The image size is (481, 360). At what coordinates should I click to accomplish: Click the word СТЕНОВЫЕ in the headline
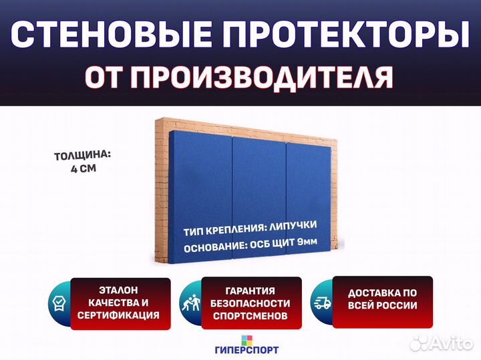pos(111,34)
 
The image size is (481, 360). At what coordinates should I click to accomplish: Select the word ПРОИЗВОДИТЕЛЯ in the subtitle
pos(262,77)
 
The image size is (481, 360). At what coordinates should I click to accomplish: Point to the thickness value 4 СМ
pos(84,168)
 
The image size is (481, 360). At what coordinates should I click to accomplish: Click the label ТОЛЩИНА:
pos(83,156)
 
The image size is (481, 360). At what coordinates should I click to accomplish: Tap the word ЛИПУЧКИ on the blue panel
pos(293,226)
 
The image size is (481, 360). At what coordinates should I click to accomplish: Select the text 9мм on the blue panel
pos(307,242)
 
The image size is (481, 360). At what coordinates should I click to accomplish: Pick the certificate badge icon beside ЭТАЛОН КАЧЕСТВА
pos(59,303)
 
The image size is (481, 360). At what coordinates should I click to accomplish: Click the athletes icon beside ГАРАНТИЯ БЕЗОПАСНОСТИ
pos(191,303)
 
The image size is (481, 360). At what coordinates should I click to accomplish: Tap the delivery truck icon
pos(322,303)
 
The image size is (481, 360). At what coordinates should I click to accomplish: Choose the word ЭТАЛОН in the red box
pos(118,290)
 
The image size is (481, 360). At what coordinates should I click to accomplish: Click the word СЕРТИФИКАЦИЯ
pos(118,315)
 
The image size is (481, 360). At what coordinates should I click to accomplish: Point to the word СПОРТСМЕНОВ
pos(251,316)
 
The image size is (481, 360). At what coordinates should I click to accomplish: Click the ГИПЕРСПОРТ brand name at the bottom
pos(247,349)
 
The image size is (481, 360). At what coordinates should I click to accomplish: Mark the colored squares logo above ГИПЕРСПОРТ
pos(247,340)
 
